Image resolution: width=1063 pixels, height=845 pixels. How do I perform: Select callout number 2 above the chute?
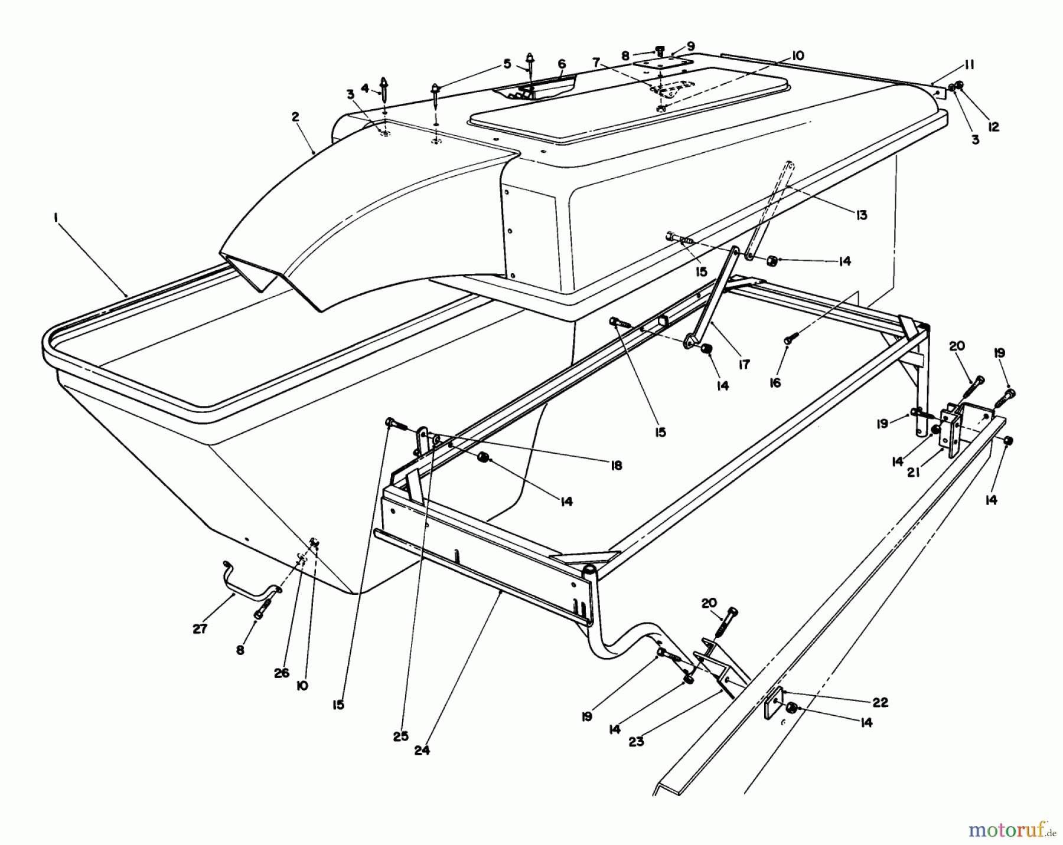[295, 117]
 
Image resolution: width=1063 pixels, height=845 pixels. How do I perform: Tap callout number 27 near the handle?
[200, 629]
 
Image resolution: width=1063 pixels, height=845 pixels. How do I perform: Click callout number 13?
[862, 215]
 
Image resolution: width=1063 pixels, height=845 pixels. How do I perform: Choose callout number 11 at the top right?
[969, 65]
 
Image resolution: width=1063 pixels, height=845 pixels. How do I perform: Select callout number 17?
[744, 365]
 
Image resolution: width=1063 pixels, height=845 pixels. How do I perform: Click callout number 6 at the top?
[561, 64]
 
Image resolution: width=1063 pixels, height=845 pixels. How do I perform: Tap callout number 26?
[282, 673]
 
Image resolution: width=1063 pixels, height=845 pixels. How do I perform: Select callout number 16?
[775, 383]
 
